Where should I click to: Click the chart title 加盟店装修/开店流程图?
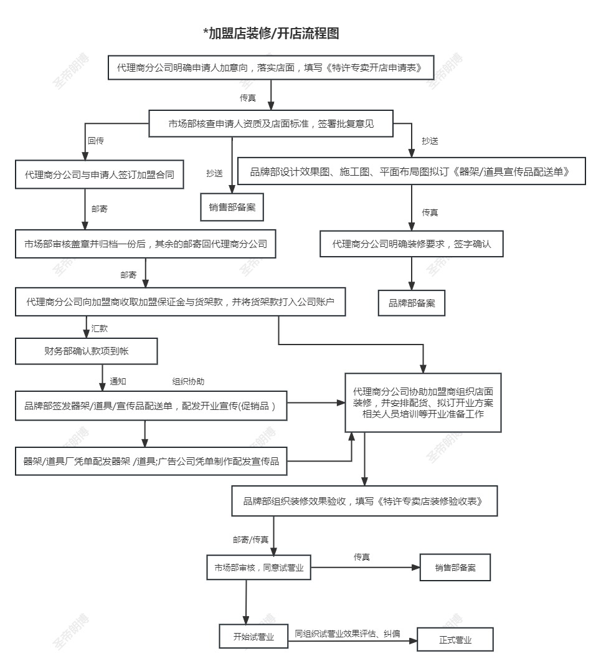pyautogui.click(x=271, y=34)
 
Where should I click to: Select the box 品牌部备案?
pyautogui.click(x=412, y=303)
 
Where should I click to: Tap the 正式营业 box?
pyautogui.click(x=455, y=640)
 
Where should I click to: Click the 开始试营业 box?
pyautogui.click(x=253, y=637)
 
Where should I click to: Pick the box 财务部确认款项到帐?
pyautogui.click(x=87, y=351)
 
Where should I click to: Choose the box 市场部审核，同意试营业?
pyautogui.click(x=259, y=568)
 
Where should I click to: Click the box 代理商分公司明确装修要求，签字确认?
pyautogui.click(x=411, y=244)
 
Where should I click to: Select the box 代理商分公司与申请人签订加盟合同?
pyautogui.click(x=100, y=174)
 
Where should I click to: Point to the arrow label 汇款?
pyautogui.click(x=100, y=328)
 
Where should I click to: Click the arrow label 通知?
pyautogui.click(x=118, y=381)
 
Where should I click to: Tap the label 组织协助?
pyautogui.click(x=188, y=381)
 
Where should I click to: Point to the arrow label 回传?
pyautogui.click(x=96, y=141)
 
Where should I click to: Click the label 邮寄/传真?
pyautogui.click(x=250, y=540)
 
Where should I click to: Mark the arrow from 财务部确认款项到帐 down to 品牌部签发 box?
pyautogui.click(x=103, y=378)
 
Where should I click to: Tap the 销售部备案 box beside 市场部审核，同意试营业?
pyautogui.click(x=455, y=568)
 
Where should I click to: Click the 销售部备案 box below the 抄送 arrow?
pyautogui.click(x=232, y=207)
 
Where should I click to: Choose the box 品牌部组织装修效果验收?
pyautogui.click(x=364, y=501)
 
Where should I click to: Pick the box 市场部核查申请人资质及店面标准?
pyautogui.click(x=271, y=124)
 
